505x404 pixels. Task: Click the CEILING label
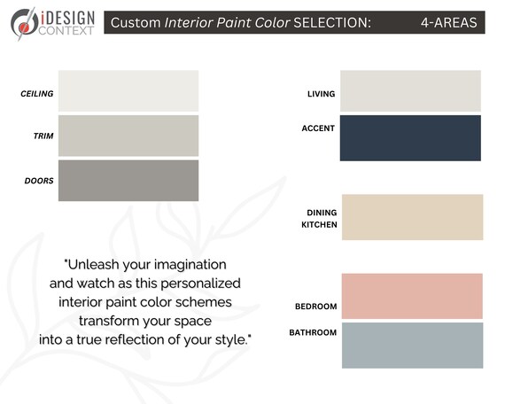pos(37,93)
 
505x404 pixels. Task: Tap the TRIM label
pos(43,136)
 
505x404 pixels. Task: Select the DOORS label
pos(39,181)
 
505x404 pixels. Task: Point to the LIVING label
pos(321,94)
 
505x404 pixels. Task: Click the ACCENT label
pos(318,128)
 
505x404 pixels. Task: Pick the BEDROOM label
pos(315,307)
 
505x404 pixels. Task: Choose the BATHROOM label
pos(313,332)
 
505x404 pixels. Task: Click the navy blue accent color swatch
pos(410,137)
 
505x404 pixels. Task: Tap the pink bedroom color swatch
pos(412,295)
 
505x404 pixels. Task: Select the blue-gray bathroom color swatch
pos(412,345)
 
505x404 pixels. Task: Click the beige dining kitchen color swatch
pos(412,217)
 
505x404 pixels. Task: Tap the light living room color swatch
pos(410,90)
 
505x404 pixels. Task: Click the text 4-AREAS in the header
pos(448,22)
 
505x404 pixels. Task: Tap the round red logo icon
pos(20,20)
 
